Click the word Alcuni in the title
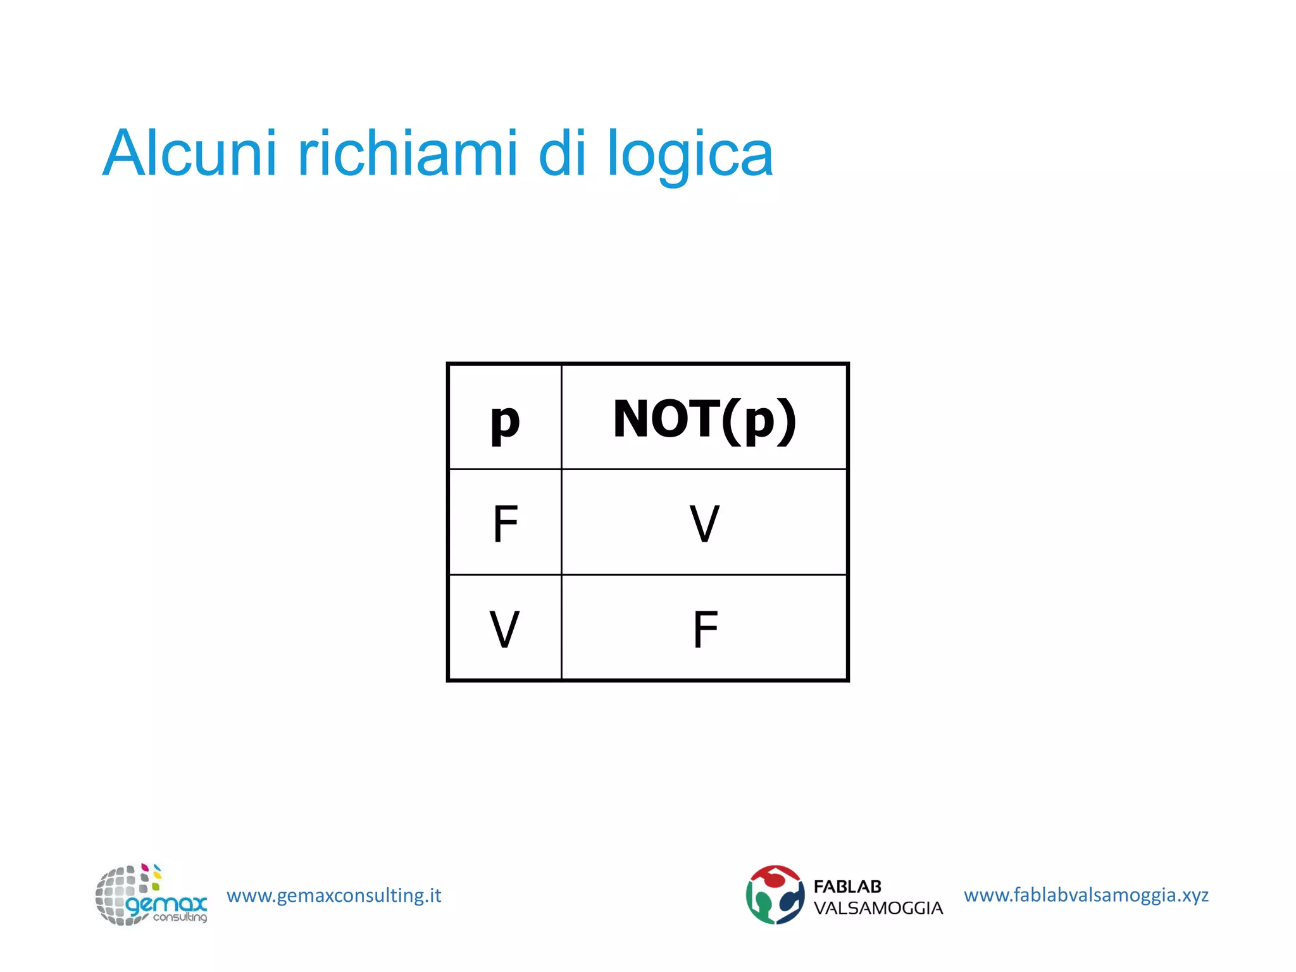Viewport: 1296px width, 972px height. pyautogui.click(x=189, y=154)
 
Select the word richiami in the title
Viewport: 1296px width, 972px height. pyautogui.click(x=408, y=154)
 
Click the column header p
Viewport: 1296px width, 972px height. pyautogui.click(x=505, y=420)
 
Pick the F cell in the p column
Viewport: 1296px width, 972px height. pyautogui.click(x=505, y=524)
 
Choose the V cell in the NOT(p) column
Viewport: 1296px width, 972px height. pyautogui.click(x=704, y=524)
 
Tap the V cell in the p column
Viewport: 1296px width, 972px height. pyautogui.click(x=504, y=630)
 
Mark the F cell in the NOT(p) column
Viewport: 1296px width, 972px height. pyautogui.click(x=705, y=630)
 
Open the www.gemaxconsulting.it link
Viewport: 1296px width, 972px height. pyautogui.click(x=333, y=895)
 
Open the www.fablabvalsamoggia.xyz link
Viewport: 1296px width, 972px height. pyautogui.click(x=1086, y=895)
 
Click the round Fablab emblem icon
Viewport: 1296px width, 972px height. pyautogui.click(x=775, y=895)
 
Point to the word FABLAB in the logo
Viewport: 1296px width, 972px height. pyautogui.click(x=847, y=887)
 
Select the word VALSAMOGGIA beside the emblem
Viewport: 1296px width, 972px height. pyautogui.click(x=878, y=908)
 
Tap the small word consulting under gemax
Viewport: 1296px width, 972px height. pyautogui.click(x=180, y=917)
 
